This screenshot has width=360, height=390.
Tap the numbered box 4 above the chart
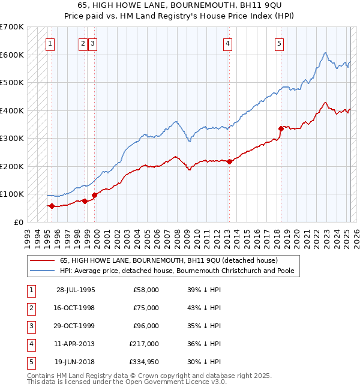pos(228,43)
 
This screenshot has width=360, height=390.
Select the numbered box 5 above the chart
pos(280,43)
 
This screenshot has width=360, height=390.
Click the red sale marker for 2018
pos(281,128)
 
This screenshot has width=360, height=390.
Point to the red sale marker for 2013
pos(229,161)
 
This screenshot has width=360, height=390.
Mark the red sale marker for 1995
pos(52,206)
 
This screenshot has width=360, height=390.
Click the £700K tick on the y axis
pos(12,27)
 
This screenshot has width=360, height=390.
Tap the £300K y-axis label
pos(12,139)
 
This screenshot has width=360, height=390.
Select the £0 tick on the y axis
pos(18,222)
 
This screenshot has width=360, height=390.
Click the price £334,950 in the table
pos(143,362)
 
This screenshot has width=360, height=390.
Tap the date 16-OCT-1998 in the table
pos(76,308)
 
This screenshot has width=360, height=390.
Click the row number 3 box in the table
pos(31,326)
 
